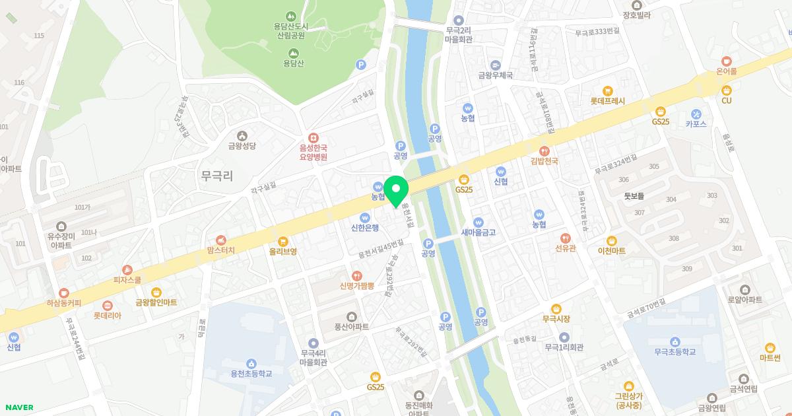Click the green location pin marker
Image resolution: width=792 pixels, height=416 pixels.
[x=396, y=191]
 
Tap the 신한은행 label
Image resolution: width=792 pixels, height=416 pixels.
[x=365, y=228]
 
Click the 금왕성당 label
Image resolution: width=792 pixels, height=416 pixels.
[x=241, y=147]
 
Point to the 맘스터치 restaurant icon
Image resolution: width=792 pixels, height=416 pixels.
[x=221, y=240]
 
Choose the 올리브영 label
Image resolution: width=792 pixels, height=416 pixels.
[x=282, y=252]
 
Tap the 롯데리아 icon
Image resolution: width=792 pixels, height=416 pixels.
[x=108, y=306]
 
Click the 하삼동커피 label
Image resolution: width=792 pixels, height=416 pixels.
[x=63, y=303]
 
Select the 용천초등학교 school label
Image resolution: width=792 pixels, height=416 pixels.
[x=251, y=374]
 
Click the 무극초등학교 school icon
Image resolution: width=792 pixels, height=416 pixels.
[x=675, y=341]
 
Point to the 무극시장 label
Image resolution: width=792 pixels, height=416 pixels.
[x=556, y=319]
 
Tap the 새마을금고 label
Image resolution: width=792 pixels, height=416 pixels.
[x=478, y=232]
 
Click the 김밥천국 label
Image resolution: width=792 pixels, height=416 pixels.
[x=544, y=161]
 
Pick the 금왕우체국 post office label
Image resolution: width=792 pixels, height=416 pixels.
[x=496, y=75]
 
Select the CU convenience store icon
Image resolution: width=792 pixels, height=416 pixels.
[x=727, y=90]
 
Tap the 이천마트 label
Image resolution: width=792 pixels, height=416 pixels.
[x=611, y=251]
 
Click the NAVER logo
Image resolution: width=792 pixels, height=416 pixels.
[x=18, y=407]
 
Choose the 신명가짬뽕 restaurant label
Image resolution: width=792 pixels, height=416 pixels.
[x=357, y=286]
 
